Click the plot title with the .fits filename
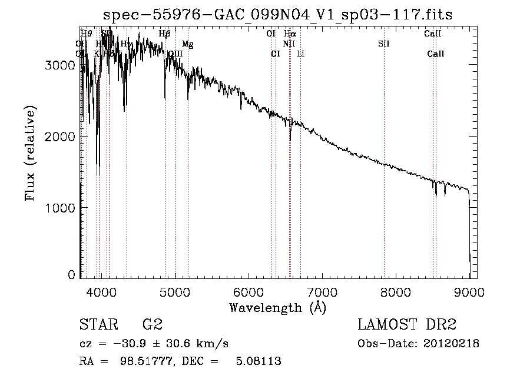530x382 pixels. click(278, 15)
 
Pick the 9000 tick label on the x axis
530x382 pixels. click(469, 291)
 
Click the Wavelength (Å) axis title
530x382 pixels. click(277, 307)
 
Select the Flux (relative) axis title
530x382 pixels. click(30, 154)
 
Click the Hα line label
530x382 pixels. click(290, 34)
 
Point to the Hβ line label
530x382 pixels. click(165, 34)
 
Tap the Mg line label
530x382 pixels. click(187, 44)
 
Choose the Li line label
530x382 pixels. click(300, 54)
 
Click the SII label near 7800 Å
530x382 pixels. click(384, 44)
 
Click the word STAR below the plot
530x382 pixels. click(98, 325)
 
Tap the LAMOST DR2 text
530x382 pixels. click(407, 325)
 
